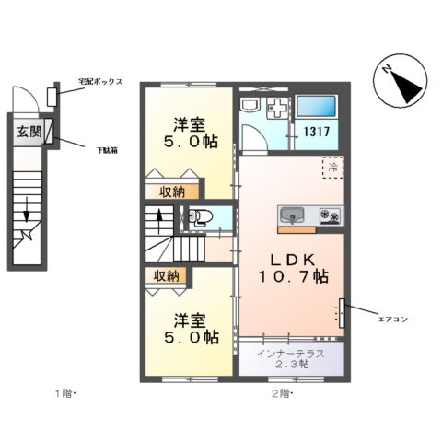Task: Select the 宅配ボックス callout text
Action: [x=100, y=81]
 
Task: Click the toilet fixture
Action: [x=199, y=218]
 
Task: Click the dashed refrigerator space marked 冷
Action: [x=331, y=169]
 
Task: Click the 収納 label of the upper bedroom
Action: [x=167, y=191]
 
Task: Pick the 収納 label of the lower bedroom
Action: [x=167, y=275]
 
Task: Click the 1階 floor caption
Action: [x=64, y=394]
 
